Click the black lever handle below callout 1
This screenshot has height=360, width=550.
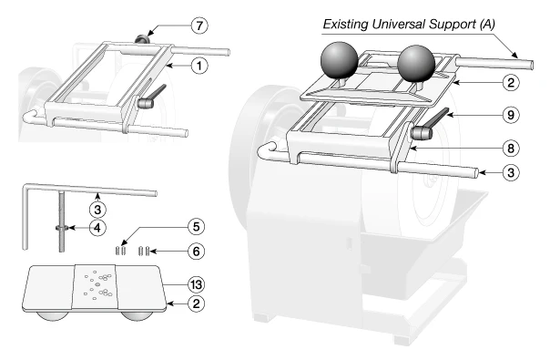click(152, 95)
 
